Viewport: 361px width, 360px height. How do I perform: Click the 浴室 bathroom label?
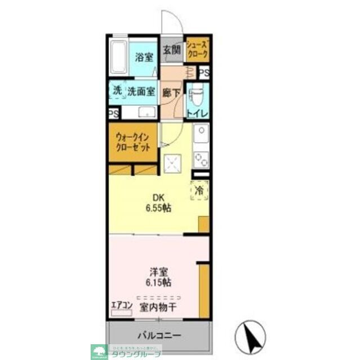click(144, 57)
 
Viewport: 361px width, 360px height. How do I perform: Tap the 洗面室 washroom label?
click(141, 91)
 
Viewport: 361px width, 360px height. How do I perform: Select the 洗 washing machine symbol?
click(117, 90)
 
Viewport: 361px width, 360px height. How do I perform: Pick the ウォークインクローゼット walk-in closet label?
click(133, 142)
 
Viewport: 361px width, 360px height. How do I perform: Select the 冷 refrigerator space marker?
click(199, 191)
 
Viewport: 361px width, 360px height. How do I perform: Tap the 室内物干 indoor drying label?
click(160, 307)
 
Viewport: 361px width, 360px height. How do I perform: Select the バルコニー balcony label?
click(160, 336)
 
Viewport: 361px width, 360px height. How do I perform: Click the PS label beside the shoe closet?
click(204, 73)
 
